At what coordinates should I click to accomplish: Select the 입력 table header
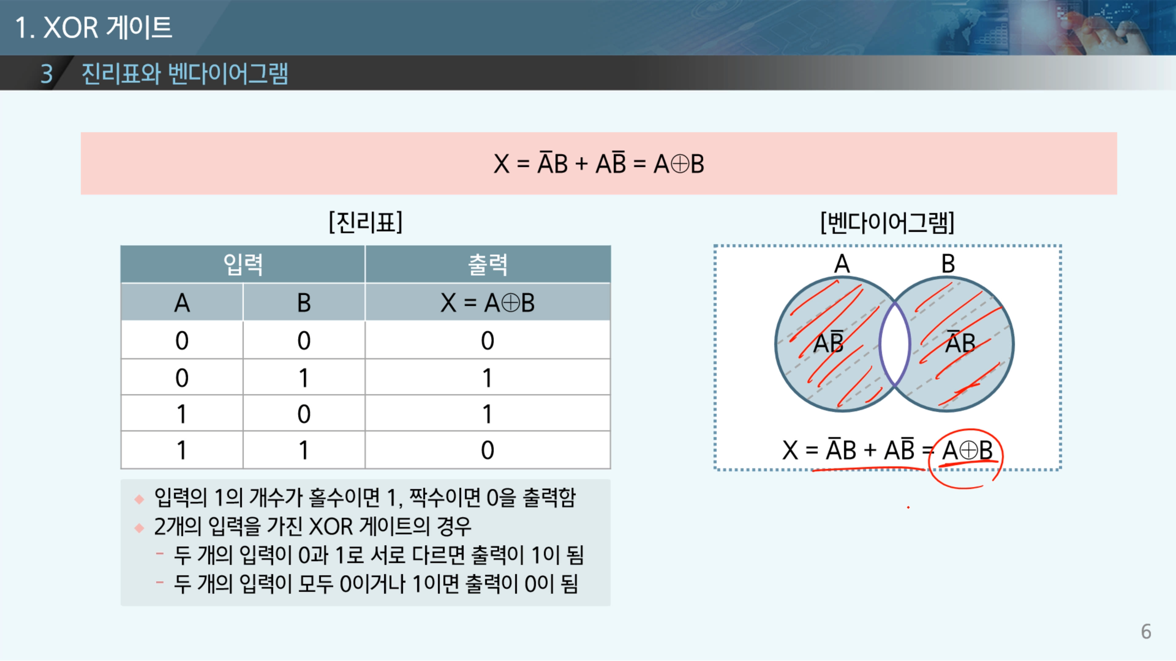tap(243, 264)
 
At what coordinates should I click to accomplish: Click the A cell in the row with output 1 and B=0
tap(182, 413)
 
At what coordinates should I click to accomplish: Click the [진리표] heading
tap(366, 222)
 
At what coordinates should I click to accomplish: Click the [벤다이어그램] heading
tap(888, 222)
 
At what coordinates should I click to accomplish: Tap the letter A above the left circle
tap(842, 264)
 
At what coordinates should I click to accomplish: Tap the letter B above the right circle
tap(948, 264)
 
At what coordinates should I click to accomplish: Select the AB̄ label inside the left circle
tap(829, 343)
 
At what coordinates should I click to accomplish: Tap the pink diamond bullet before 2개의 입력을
tap(139, 528)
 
